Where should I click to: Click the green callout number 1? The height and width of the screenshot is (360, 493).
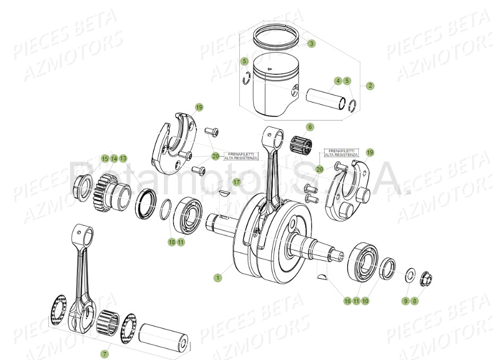(218, 277)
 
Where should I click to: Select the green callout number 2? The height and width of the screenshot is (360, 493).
(370, 85)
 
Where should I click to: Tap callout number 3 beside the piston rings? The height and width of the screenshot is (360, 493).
(311, 44)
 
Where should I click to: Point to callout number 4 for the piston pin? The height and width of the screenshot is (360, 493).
(337, 81)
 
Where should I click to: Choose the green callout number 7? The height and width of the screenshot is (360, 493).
(105, 354)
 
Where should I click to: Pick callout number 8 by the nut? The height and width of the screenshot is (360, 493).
(415, 301)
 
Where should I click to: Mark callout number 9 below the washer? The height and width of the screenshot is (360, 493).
(405, 301)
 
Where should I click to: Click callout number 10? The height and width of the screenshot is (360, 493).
(366, 301)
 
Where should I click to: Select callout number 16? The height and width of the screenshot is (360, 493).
(348, 301)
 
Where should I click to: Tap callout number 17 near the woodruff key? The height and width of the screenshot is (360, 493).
(236, 182)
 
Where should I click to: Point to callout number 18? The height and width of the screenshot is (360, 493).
(171, 242)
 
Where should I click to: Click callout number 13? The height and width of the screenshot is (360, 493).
(123, 158)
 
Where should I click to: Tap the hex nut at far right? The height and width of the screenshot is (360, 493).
(425, 278)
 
